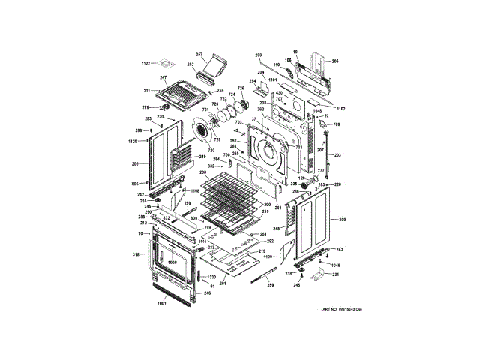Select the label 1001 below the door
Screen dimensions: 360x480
coord(161,304)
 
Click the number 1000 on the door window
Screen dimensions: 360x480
coord(172,262)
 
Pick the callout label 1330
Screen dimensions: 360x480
coord(202,277)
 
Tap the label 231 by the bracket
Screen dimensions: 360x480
coord(335,275)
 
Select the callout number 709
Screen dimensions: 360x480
coord(337,124)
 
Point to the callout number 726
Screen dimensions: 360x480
coord(241,88)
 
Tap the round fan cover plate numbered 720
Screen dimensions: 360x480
coord(203,129)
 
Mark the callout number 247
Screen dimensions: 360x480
coord(162,78)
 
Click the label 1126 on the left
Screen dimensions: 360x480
coord(132,142)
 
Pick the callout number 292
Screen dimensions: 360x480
coord(270,241)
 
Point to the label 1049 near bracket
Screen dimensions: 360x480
coord(335,265)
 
